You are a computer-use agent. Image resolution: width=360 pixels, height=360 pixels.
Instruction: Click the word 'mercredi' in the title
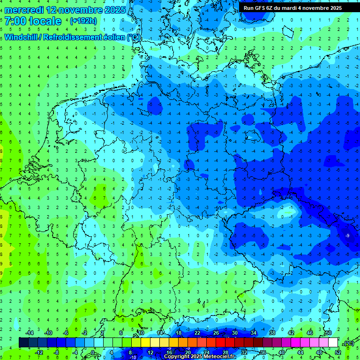(24, 9)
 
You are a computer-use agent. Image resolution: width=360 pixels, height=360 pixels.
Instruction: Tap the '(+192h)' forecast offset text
(83, 21)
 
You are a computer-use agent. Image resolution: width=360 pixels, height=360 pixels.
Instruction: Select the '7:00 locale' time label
(33, 21)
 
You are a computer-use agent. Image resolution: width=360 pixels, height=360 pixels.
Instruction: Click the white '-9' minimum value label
(347, 235)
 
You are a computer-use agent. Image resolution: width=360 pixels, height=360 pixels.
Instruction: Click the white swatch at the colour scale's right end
(333, 343)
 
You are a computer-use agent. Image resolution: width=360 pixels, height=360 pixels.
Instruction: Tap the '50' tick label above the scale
(328, 333)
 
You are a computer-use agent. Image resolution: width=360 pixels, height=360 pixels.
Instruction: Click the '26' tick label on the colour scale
(216, 333)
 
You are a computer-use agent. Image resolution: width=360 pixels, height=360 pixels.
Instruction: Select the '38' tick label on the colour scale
(272, 333)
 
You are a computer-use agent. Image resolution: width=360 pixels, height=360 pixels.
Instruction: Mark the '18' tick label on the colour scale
(179, 333)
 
